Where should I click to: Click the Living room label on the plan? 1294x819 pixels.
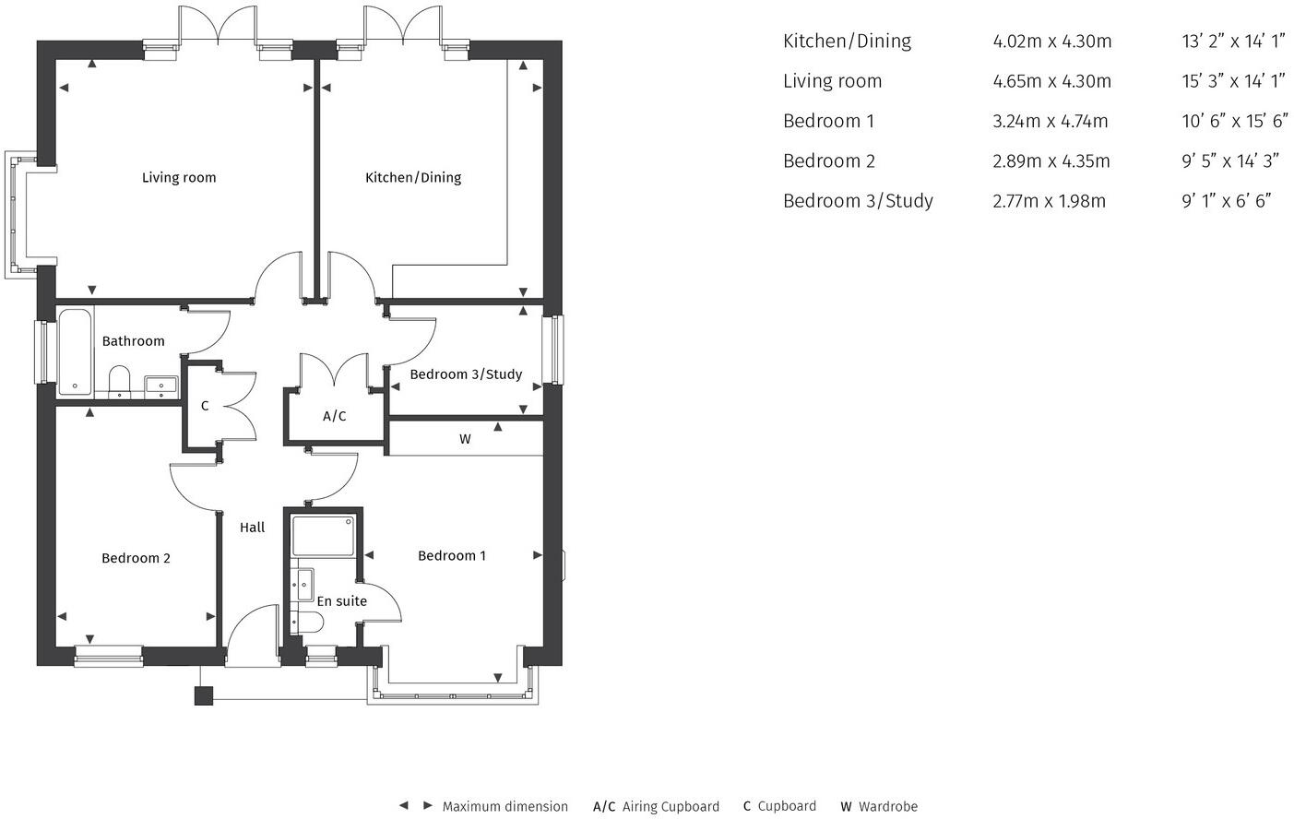[179, 177]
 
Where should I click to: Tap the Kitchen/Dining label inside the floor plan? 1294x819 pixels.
[413, 177]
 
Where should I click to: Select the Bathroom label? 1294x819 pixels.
[134, 341]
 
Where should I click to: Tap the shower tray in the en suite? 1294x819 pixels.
[323, 536]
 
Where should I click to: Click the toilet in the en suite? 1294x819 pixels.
[307, 623]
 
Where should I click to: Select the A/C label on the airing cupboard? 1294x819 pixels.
[335, 417]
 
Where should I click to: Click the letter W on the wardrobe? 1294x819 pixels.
[465, 440]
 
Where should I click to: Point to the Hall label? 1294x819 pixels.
[252, 528]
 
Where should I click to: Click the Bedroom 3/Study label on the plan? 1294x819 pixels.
[466, 374]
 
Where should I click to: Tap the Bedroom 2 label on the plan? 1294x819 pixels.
[136, 558]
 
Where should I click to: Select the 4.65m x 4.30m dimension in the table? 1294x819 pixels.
[1051, 81]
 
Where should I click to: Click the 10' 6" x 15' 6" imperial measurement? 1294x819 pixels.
[1233, 121]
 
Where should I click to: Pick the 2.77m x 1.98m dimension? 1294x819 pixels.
[1049, 201]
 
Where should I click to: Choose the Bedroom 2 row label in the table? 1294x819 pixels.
[828, 161]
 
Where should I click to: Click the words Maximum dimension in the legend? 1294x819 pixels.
[505, 807]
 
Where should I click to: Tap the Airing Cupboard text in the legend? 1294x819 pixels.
[671, 807]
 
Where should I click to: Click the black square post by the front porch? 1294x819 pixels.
[204, 695]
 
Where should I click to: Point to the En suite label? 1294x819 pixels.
[342, 601]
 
